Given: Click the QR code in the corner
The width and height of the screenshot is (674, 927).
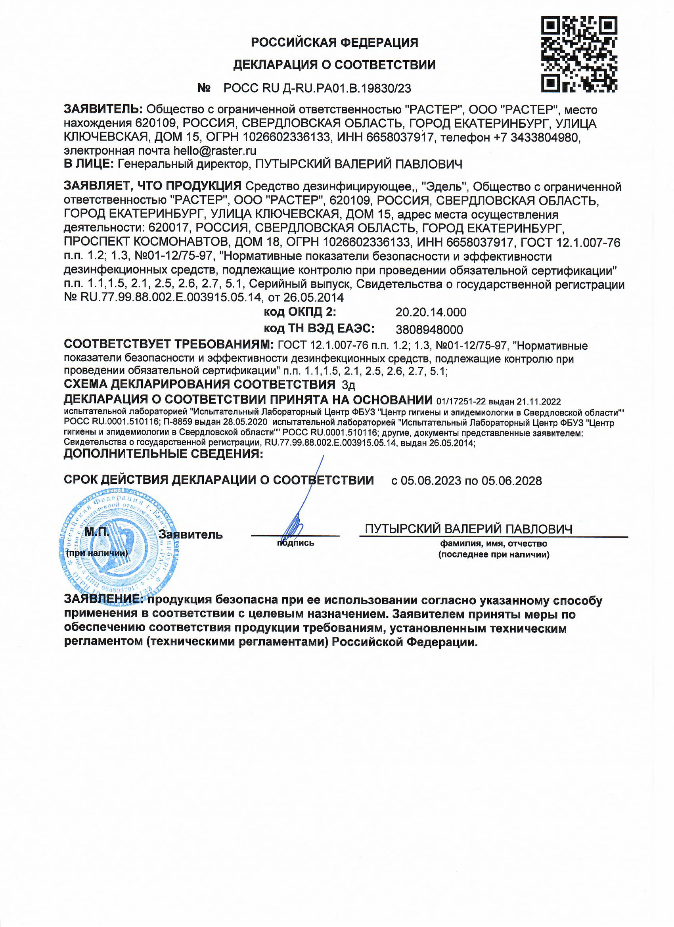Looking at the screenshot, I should (579, 54).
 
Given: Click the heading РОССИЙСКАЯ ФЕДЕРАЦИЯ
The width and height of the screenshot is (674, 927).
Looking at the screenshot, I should (334, 42).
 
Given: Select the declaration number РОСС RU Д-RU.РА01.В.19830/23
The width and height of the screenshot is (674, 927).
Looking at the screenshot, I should (317, 88).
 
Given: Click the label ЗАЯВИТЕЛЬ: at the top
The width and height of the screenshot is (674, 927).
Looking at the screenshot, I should (103, 109).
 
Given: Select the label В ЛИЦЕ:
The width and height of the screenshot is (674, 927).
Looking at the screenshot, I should (89, 164).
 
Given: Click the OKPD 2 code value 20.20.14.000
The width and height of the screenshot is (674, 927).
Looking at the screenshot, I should (431, 312).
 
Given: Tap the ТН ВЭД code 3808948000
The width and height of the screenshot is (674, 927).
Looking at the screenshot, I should (429, 329).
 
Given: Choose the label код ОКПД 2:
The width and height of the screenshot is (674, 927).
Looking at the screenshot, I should (300, 312).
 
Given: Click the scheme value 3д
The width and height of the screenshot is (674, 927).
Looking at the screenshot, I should (348, 385).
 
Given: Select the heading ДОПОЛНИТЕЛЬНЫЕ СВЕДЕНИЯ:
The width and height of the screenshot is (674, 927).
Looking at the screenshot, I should (163, 454).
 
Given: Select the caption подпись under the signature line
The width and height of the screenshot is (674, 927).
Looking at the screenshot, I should (295, 543).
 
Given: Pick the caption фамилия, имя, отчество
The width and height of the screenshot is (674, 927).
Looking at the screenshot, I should (493, 544).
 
